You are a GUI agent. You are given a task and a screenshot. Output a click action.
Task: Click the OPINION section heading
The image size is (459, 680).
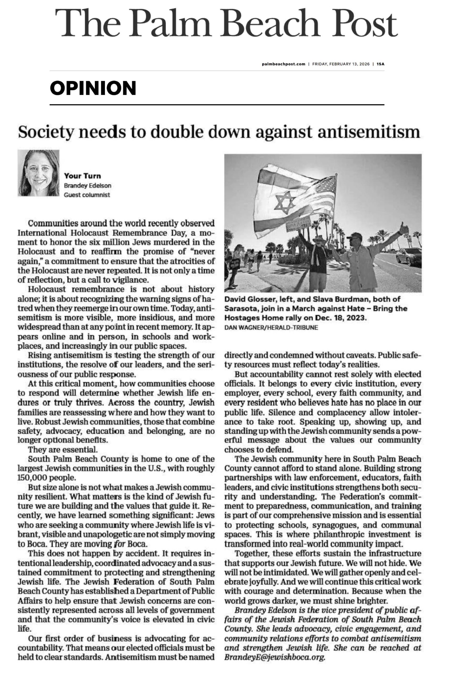[x=93, y=88]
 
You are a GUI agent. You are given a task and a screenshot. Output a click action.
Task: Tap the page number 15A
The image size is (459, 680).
[x=380, y=64]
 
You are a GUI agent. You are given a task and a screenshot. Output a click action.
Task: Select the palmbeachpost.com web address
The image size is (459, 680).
[x=283, y=64]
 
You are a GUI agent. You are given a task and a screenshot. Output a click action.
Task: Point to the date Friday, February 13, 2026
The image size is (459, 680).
[x=341, y=64]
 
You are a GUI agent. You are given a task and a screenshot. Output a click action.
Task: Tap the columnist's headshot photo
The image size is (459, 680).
[x=38, y=173]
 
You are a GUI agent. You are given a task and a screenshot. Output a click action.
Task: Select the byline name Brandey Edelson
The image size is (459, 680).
[x=87, y=185]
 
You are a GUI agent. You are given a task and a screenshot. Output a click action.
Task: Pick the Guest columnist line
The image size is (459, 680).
[x=87, y=195]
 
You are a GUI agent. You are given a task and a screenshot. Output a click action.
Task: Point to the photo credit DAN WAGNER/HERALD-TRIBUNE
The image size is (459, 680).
[x=271, y=328]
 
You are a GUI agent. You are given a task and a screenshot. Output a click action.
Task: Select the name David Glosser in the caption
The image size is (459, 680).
[x=247, y=299]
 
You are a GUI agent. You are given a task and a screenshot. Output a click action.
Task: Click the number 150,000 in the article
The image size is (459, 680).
[x=30, y=478]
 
